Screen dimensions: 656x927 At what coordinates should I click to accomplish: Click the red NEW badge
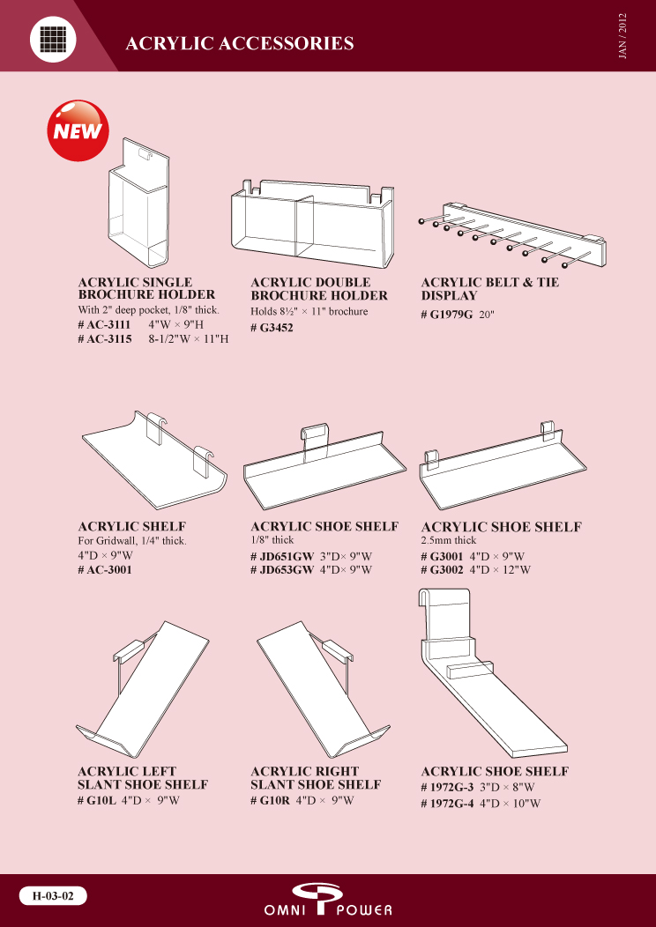tap(78, 130)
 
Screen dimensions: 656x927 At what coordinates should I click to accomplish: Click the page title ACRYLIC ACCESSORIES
tap(240, 43)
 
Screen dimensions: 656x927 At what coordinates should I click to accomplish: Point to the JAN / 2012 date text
tap(622, 35)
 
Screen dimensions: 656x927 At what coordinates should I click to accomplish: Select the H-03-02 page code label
tap(53, 895)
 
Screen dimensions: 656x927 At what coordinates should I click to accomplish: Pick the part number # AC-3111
tap(105, 324)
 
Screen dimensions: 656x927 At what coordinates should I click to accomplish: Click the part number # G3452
tap(272, 328)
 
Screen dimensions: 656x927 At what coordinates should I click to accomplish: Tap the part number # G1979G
tap(447, 315)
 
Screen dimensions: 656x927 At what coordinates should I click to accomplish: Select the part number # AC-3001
tap(105, 570)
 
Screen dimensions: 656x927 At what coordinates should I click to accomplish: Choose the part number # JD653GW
tap(282, 570)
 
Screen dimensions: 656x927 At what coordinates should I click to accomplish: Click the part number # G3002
tap(443, 570)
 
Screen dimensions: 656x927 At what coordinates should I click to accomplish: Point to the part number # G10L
tap(97, 801)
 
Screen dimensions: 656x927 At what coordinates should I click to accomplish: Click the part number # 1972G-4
tap(448, 804)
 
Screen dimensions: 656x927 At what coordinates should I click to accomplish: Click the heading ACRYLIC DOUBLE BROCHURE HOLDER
tap(319, 289)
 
